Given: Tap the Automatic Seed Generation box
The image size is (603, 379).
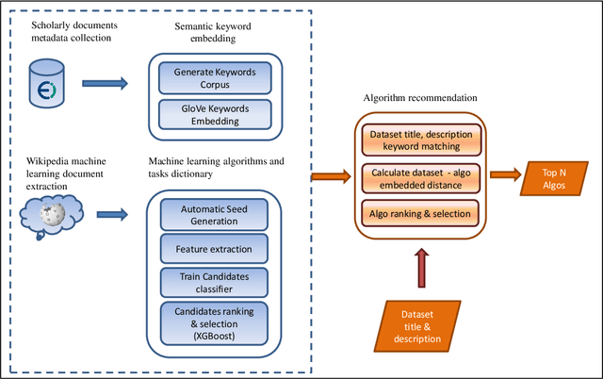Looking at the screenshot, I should coord(214,212).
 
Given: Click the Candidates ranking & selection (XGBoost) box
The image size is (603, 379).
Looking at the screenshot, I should coord(214,321).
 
